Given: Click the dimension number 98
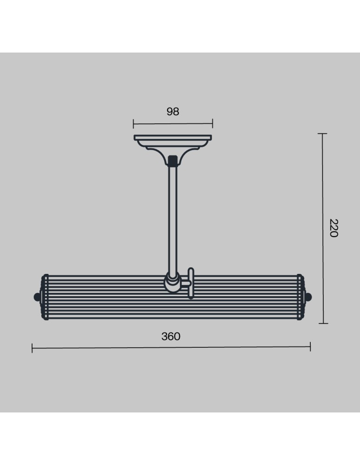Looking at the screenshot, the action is (x=173, y=112).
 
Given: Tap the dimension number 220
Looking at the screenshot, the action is (x=334, y=228).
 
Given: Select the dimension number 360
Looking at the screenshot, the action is (x=171, y=336).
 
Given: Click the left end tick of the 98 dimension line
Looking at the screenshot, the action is (x=133, y=124).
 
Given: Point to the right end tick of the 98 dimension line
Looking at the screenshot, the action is (x=212, y=123).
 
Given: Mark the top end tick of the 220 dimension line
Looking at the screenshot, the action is (x=322, y=134).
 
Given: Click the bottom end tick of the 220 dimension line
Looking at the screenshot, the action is (x=323, y=323).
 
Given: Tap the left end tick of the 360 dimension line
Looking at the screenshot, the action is (x=32, y=348).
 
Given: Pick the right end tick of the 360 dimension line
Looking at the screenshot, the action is (x=310, y=346).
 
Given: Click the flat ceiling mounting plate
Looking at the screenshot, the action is (x=173, y=138).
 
